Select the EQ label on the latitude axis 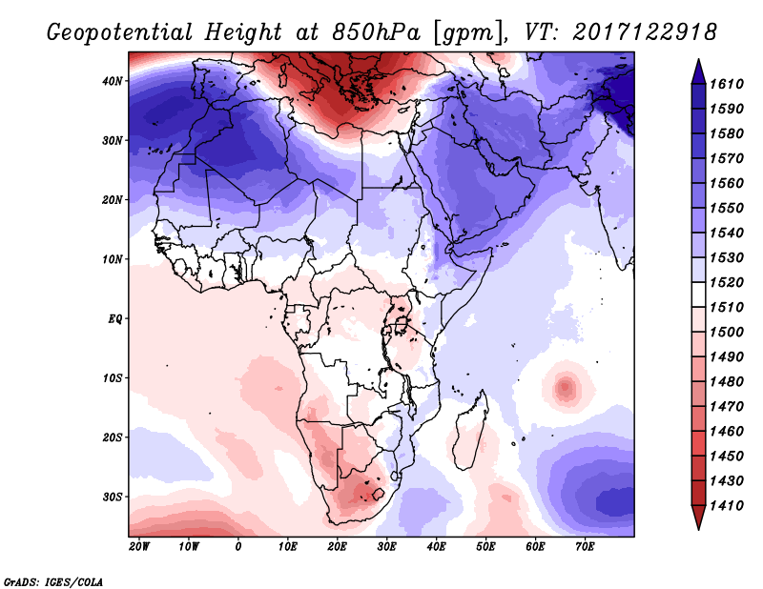pos(113,318)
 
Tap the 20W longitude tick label pos(138,547)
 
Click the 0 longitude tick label pos(237,547)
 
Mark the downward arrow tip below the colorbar pos(697,525)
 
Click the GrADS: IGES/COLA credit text pos(53,580)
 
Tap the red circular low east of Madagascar pos(566,387)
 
